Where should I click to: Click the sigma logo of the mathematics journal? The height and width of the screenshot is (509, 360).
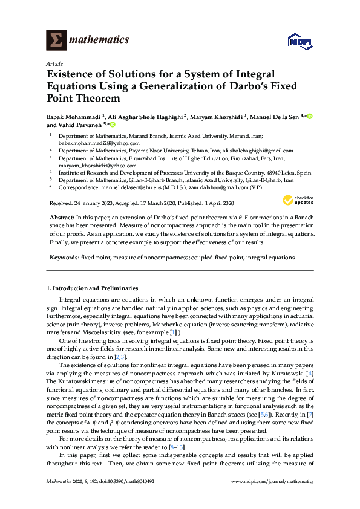point(56,41)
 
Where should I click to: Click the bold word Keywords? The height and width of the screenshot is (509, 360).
point(64,258)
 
